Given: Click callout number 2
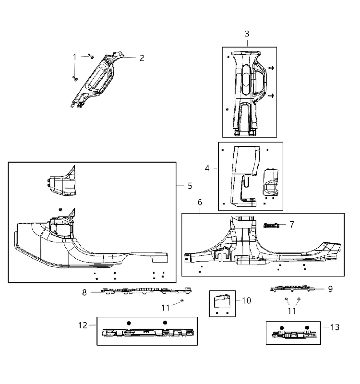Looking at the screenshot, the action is click(x=142, y=58).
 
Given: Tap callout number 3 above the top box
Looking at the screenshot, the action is click(x=247, y=34).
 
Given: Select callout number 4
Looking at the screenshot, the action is click(x=207, y=168).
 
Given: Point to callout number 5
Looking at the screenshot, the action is click(x=190, y=186).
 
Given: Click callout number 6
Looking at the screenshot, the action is click(x=200, y=202).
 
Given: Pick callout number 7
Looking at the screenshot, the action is click(x=292, y=225).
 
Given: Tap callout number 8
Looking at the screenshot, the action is click(x=84, y=292).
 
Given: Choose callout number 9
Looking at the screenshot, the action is click(x=330, y=289).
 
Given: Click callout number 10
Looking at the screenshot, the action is click(x=247, y=300).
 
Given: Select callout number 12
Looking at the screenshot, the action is click(x=83, y=325).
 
